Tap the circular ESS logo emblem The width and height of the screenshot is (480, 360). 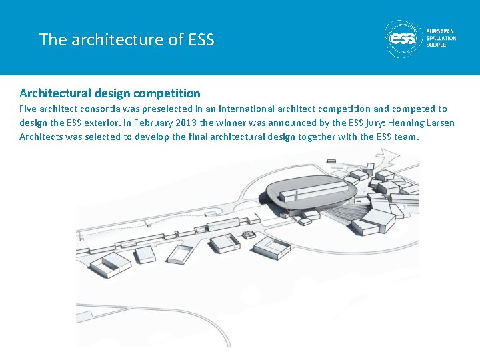point(404,39)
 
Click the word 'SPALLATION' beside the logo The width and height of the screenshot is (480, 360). point(441,38)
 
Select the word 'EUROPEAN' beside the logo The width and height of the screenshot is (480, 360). point(441,31)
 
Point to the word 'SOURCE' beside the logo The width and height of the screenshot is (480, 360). point(437,45)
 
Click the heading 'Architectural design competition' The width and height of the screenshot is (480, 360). point(109,93)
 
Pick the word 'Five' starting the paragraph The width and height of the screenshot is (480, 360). point(29,109)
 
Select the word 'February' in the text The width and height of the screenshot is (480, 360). point(147,123)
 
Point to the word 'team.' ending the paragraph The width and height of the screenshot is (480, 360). point(407,137)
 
